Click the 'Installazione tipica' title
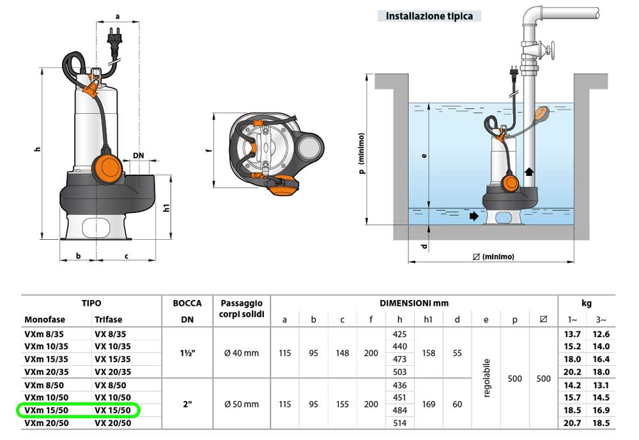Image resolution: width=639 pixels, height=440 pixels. pos(429,16)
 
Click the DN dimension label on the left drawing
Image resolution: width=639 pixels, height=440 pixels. pos(138,155)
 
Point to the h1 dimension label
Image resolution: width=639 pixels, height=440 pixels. pos(167,208)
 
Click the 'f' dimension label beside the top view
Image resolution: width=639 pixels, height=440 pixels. pos(208,151)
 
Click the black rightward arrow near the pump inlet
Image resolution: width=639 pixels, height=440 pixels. pos(473,216)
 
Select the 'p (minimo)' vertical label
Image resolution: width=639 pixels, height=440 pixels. pos(362,153)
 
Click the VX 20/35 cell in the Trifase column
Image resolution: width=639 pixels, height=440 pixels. pos(112,372)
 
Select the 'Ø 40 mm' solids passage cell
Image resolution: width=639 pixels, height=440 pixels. pos(242,353)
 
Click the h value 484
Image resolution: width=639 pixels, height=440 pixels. pos(400,410)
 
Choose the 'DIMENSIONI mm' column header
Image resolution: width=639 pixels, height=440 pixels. pos(414,303)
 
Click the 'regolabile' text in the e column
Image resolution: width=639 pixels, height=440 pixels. pos(486,378)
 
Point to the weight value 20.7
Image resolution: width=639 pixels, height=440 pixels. pos(573,423)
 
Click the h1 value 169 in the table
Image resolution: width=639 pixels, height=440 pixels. pos(429,404)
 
